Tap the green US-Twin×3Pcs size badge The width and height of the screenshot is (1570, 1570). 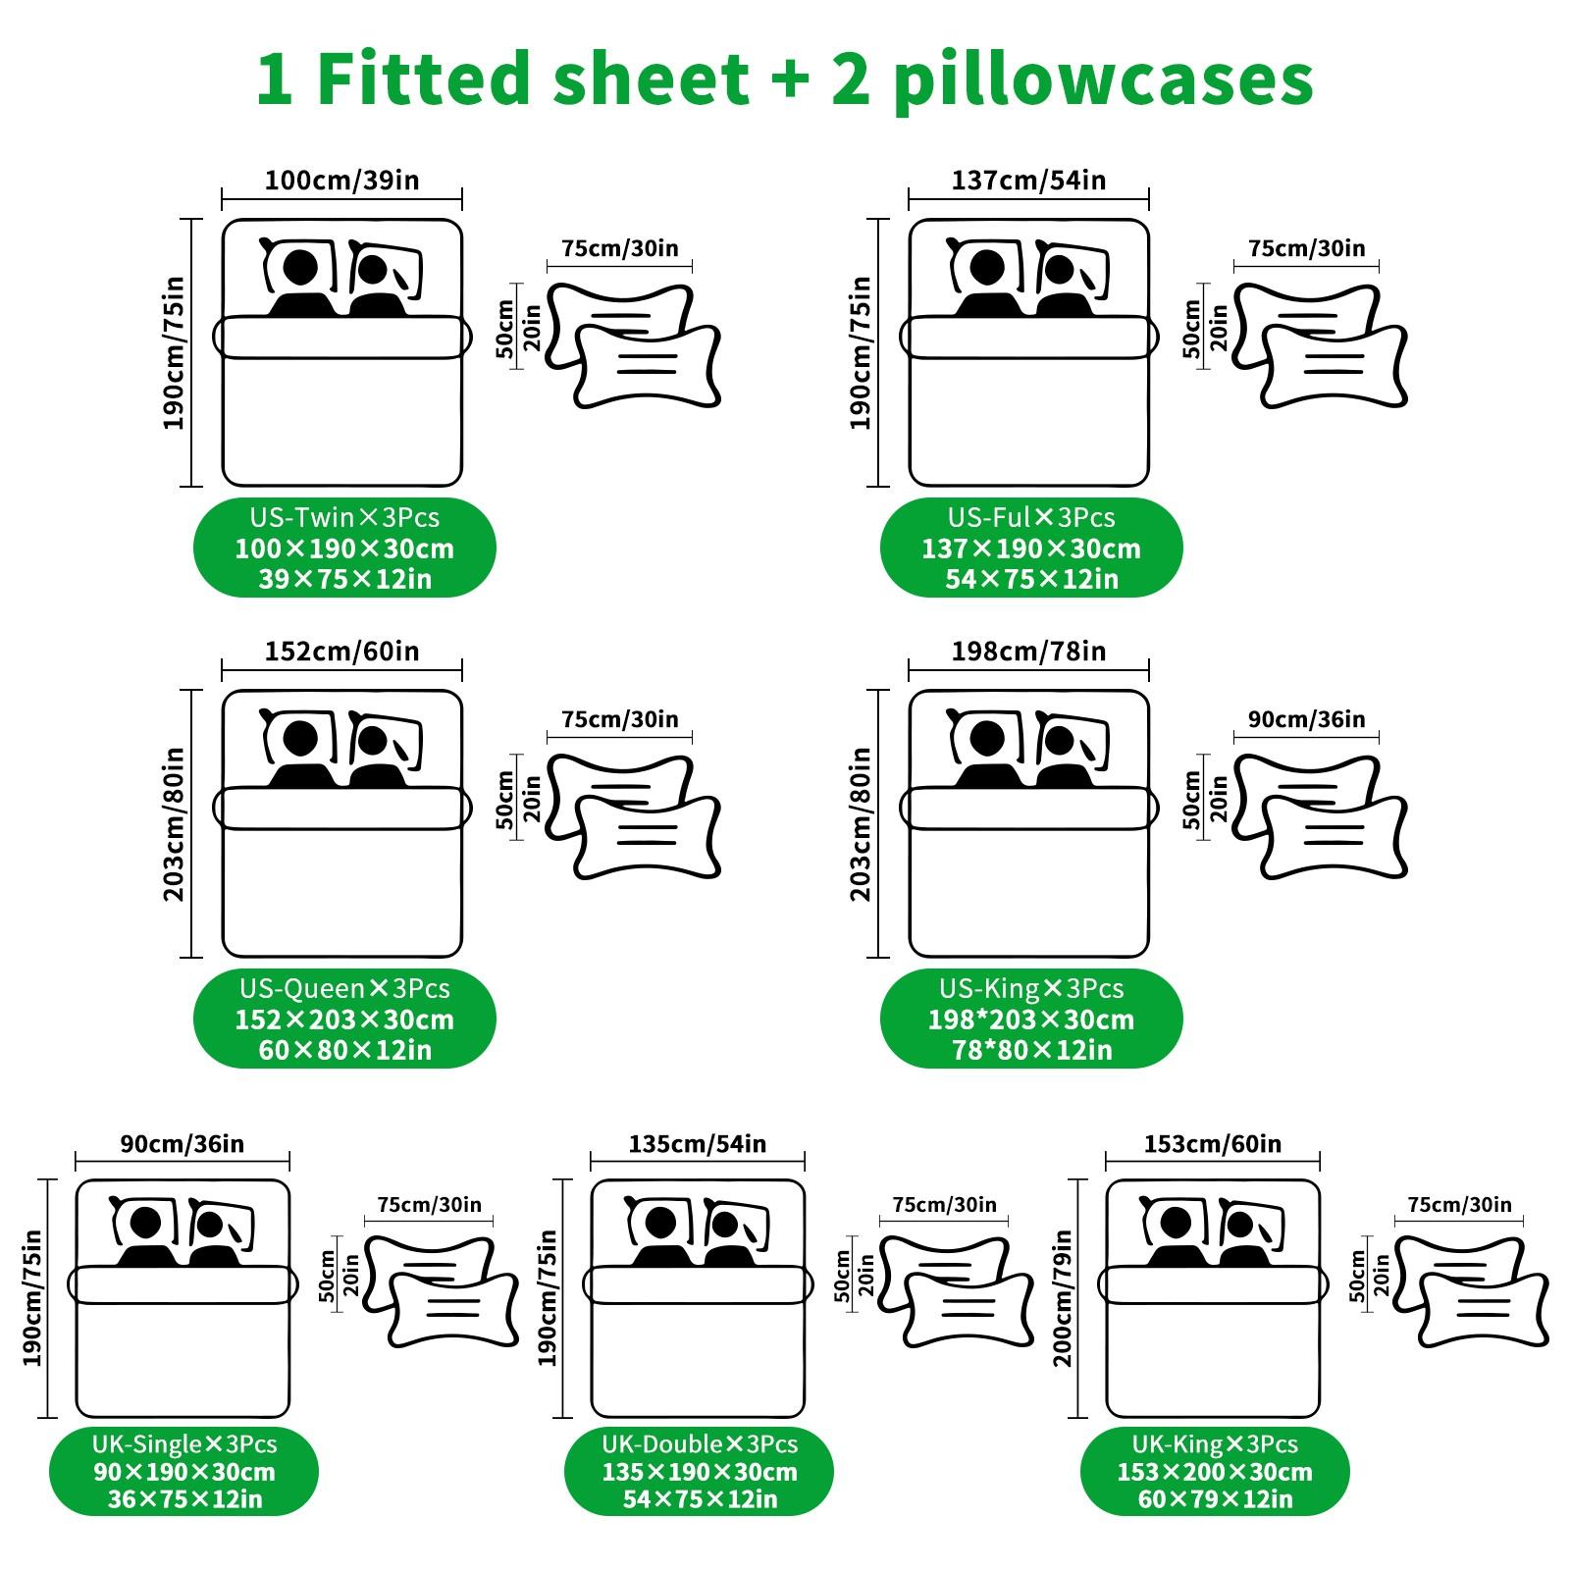(344, 548)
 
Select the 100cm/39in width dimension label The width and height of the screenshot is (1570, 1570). (341, 181)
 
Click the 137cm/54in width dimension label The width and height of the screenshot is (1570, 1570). (1028, 181)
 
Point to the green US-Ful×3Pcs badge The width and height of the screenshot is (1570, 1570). (1031, 548)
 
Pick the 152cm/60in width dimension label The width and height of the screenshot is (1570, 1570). (341, 652)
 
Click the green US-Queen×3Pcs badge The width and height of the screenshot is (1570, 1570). (344, 1019)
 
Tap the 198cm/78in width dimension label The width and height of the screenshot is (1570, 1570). (1028, 652)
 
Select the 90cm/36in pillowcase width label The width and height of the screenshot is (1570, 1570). (1306, 719)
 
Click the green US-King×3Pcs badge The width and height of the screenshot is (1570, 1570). (1031, 1019)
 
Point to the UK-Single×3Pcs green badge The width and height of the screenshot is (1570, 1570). (184, 1471)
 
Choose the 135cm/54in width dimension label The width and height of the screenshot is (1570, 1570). (697, 1144)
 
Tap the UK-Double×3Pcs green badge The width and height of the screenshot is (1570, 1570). (699, 1471)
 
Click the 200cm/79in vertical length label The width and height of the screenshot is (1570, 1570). (1063, 1297)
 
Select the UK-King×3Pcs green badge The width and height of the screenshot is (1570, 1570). (1215, 1471)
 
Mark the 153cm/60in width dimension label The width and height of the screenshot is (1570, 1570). (1212, 1144)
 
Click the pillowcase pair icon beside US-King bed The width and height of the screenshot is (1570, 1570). (1320, 815)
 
